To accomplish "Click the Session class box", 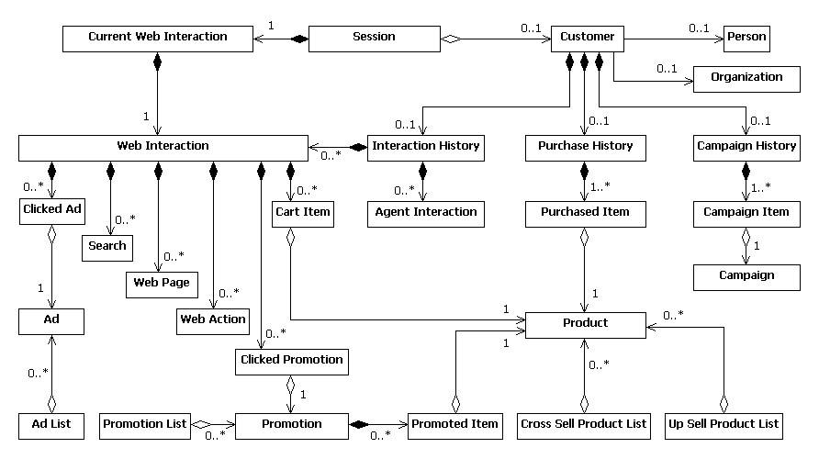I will point(374,39).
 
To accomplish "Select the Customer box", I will point(588,39).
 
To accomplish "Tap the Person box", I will point(746,39).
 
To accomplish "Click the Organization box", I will point(746,78).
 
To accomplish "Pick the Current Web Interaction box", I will point(157,39).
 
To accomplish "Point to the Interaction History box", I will point(424,147).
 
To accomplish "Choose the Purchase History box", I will point(578,147).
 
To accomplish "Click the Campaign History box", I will point(746,147).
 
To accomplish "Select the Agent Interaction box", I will point(426,213).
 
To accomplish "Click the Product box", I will point(585,323).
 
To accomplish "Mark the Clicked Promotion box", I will point(291,361).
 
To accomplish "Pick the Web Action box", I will point(213,319).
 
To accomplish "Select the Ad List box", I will point(51,424).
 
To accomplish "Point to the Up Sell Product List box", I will point(723,424).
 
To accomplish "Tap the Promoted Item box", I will point(454,424).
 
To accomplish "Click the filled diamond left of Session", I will point(297,39).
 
